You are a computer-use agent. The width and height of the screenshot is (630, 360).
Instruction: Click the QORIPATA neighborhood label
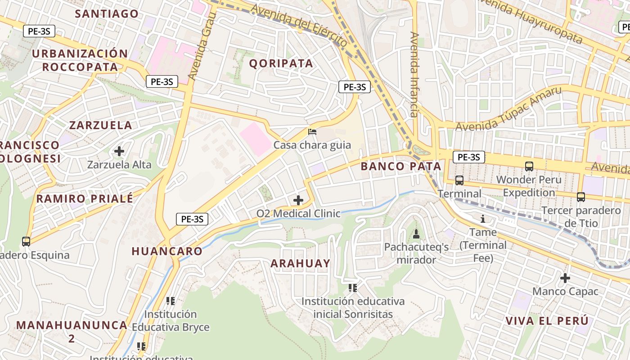pyautogui.click(x=281, y=63)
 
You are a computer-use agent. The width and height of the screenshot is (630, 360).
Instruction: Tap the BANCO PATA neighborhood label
pyautogui.click(x=401, y=166)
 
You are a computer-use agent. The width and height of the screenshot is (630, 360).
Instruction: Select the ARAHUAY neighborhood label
pyautogui.click(x=300, y=263)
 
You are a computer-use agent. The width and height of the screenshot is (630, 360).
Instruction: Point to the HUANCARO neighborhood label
pyautogui.click(x=167, y=251)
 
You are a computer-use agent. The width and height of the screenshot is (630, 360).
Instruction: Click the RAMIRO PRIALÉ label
pyautogui.click(x=85, y=198)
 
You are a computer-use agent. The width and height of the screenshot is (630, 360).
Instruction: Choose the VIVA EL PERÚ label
pyautogui.click(x=547, y=321)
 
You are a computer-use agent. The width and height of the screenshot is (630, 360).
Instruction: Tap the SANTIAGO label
pyautogui.click(x=107, y=13)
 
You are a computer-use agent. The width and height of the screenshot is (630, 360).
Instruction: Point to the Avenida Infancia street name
pyautogui.click(x=414, y=74)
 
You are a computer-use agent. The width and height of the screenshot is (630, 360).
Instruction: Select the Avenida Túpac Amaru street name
pyautogui.click(x=509, y=108)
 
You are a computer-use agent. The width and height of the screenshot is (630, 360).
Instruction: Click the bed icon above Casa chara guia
pyautogui.click(x=312, y=132)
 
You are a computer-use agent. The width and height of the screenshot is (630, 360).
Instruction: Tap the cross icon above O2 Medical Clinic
pyautogui.click(x=298, y=200)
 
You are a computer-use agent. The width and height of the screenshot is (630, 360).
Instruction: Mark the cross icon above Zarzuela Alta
pyautogui.click(x=119, y=151)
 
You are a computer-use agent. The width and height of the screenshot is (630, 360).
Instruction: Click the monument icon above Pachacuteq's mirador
pyautogui.click(x=416, y=234)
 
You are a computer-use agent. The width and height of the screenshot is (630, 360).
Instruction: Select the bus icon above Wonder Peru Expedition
pyautogui.click(x=529, y=166)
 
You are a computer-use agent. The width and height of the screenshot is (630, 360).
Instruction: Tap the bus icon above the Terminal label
pyautogui.click(x=459, y=180)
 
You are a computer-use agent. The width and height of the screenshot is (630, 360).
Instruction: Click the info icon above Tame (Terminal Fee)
pyautogui.click(x=483, y=219)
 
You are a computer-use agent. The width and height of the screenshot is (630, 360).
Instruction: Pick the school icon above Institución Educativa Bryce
pyautogui.click(x=170, y=301)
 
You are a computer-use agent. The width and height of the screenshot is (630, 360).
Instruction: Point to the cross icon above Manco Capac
pyautogui.click(x=565, y=278)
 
